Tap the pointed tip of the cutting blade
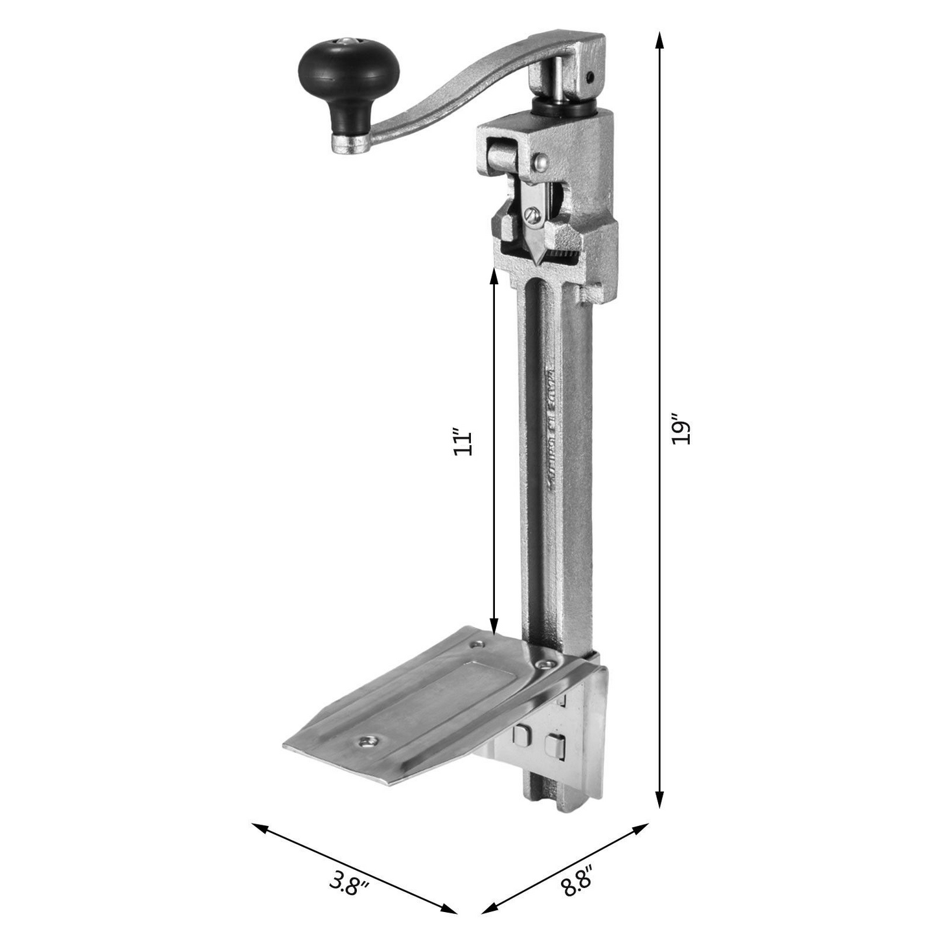537,259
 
